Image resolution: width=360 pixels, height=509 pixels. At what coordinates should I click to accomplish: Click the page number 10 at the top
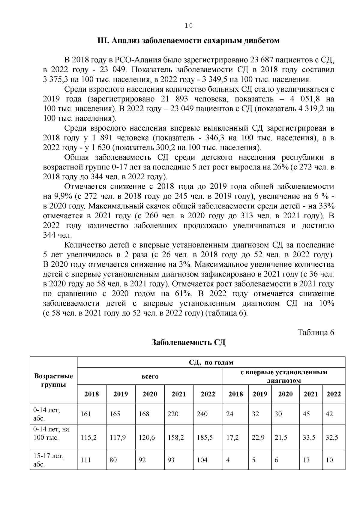click(189, 26)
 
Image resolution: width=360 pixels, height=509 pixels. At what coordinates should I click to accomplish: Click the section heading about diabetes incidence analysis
click(189, 41)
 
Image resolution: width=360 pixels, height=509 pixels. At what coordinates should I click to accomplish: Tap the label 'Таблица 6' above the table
click(316, 332)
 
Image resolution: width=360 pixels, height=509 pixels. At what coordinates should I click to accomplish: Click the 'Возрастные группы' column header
click(54, 380)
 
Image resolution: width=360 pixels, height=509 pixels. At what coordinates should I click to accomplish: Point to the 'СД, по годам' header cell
click(211, 362)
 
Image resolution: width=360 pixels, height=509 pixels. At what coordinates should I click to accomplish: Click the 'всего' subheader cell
click(150, 376)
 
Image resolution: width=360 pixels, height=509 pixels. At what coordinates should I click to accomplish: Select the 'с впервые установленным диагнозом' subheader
click(284, 376)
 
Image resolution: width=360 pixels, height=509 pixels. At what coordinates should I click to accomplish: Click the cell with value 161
click(86, 414)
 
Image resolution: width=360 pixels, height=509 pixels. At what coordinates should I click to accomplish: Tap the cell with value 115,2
click(89, 437)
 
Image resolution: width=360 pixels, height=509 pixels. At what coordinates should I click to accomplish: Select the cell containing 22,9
click(258, 437)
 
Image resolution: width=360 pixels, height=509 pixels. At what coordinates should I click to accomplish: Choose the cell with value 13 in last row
click(306, 460)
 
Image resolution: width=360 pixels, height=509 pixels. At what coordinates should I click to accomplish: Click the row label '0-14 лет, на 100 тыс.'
click(51, 433)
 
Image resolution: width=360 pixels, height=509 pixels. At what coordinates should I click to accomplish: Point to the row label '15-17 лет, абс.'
click(48, 460)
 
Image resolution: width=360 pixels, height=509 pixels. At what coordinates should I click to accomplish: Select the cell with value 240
click(202, 414)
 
